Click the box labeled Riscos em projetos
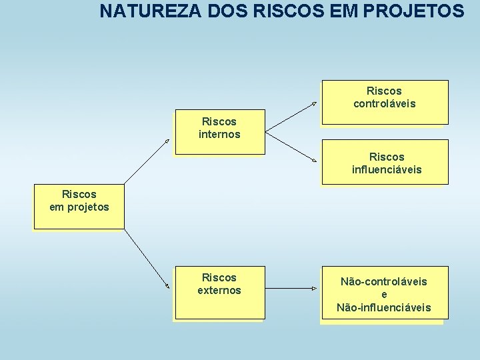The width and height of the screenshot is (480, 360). tap(79, 207)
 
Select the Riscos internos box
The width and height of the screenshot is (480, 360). tap(219, 132)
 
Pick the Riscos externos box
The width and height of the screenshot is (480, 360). tap(219, 293)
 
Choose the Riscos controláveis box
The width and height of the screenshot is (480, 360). tap(384, 102)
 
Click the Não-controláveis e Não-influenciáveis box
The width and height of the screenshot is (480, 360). tap(384, 293)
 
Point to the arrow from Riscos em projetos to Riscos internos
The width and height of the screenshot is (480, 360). tap(147, 161)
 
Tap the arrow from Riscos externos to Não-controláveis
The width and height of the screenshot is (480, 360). tap(291, 289)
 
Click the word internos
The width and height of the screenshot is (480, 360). tap(219, 135)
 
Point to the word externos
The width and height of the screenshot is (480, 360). tap(219, 291)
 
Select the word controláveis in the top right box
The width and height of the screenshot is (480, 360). tap(384, 104)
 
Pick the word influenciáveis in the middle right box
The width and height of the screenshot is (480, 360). tap(387, 170)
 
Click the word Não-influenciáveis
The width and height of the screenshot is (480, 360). tap(384, 307)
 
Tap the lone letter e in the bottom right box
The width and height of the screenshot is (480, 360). tap(384, 295)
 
